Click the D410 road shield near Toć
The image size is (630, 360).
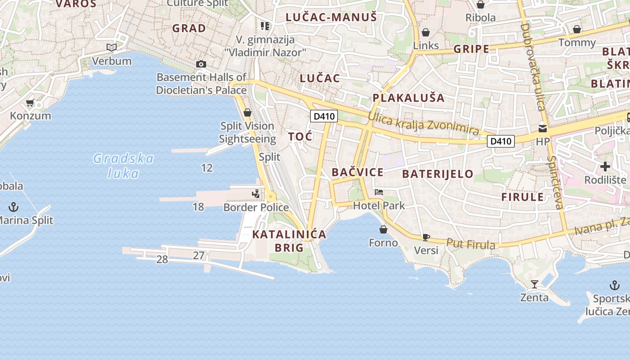coord(324,116)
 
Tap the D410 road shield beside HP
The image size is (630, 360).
coord(501,141)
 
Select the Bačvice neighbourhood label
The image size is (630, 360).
coord(357,172)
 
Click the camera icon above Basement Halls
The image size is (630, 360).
coord(201,64)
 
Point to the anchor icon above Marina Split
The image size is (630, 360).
coord(14,207)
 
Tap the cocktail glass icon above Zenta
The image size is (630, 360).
coord(534,284)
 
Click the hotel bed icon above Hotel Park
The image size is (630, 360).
coord(379,192)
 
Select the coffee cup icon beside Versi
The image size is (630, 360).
coord(426,237)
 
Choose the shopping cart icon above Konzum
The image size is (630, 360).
coord(30,103)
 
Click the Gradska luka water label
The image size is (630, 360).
coord(123,166)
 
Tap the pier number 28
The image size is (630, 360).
coord(162,260)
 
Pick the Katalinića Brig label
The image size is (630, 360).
coord(289,241)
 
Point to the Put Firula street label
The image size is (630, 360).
coord(471,244)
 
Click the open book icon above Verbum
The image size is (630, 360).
coord(111,47)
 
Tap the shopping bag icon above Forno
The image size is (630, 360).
coord(383,229)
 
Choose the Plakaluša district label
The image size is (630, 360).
coord(408,98)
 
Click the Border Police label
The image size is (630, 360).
coord(256,207)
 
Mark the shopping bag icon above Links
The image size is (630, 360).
coord(426,32)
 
